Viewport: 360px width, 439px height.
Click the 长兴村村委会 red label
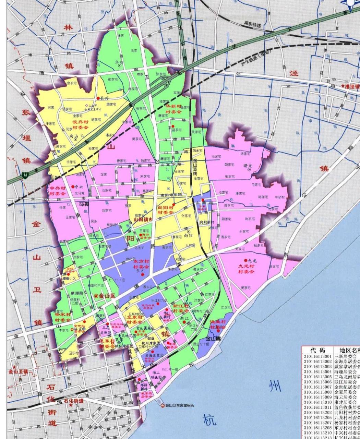point(75,124)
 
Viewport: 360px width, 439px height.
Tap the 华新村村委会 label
point(173,109)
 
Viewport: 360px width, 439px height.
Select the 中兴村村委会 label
point(58,191)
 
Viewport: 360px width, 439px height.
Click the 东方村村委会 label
point(141,264)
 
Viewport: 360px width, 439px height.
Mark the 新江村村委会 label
point(181,308)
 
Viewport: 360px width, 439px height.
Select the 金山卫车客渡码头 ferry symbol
point(163,405)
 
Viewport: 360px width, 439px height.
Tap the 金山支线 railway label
point(195,166)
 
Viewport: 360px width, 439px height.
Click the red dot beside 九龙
point(245,261)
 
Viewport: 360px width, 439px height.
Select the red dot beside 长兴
point(98,98)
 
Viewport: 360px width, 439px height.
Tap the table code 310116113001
point(317,357)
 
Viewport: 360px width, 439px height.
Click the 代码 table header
point(317,350)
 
